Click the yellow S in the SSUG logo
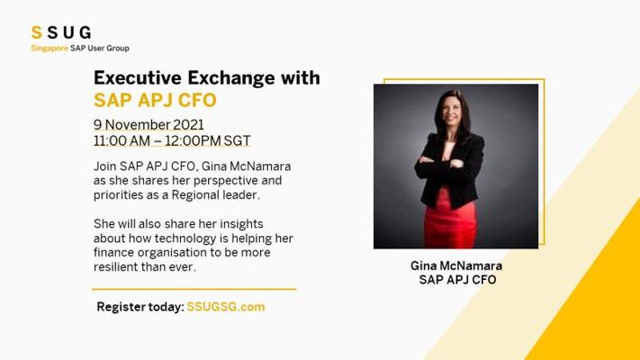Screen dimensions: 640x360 pyautogui.click(x=37, y=32)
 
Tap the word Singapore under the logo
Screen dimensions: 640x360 pyautogui.click(x=50, y=49)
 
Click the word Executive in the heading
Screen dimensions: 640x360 pyautogui.click(x=138, y=77)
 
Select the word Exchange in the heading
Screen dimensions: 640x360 pyautogui.click(x=231, y=77)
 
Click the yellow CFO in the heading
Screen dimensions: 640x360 pyautogui.click(x=197, y=101)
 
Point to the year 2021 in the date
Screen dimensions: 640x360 pyautogui.click(x=188, y=124)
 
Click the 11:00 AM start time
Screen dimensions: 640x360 pyautogui.click(x=122, y=140)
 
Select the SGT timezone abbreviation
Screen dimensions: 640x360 pyautogui.click(x=237, y=140)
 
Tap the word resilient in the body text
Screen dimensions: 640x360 pyautogui.click(x=115, y=267)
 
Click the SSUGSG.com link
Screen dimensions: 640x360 pyautogui.click(x=226, y=307)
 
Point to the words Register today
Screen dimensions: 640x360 pyautogui.click(x=140, y=307)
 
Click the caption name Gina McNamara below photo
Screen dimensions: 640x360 pyautogui.click(x=456, y=265)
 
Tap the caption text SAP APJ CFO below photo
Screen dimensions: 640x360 pyautogui.click(x=457, y=280)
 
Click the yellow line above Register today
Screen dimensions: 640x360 pyautogui.click(x=194, y=289)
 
